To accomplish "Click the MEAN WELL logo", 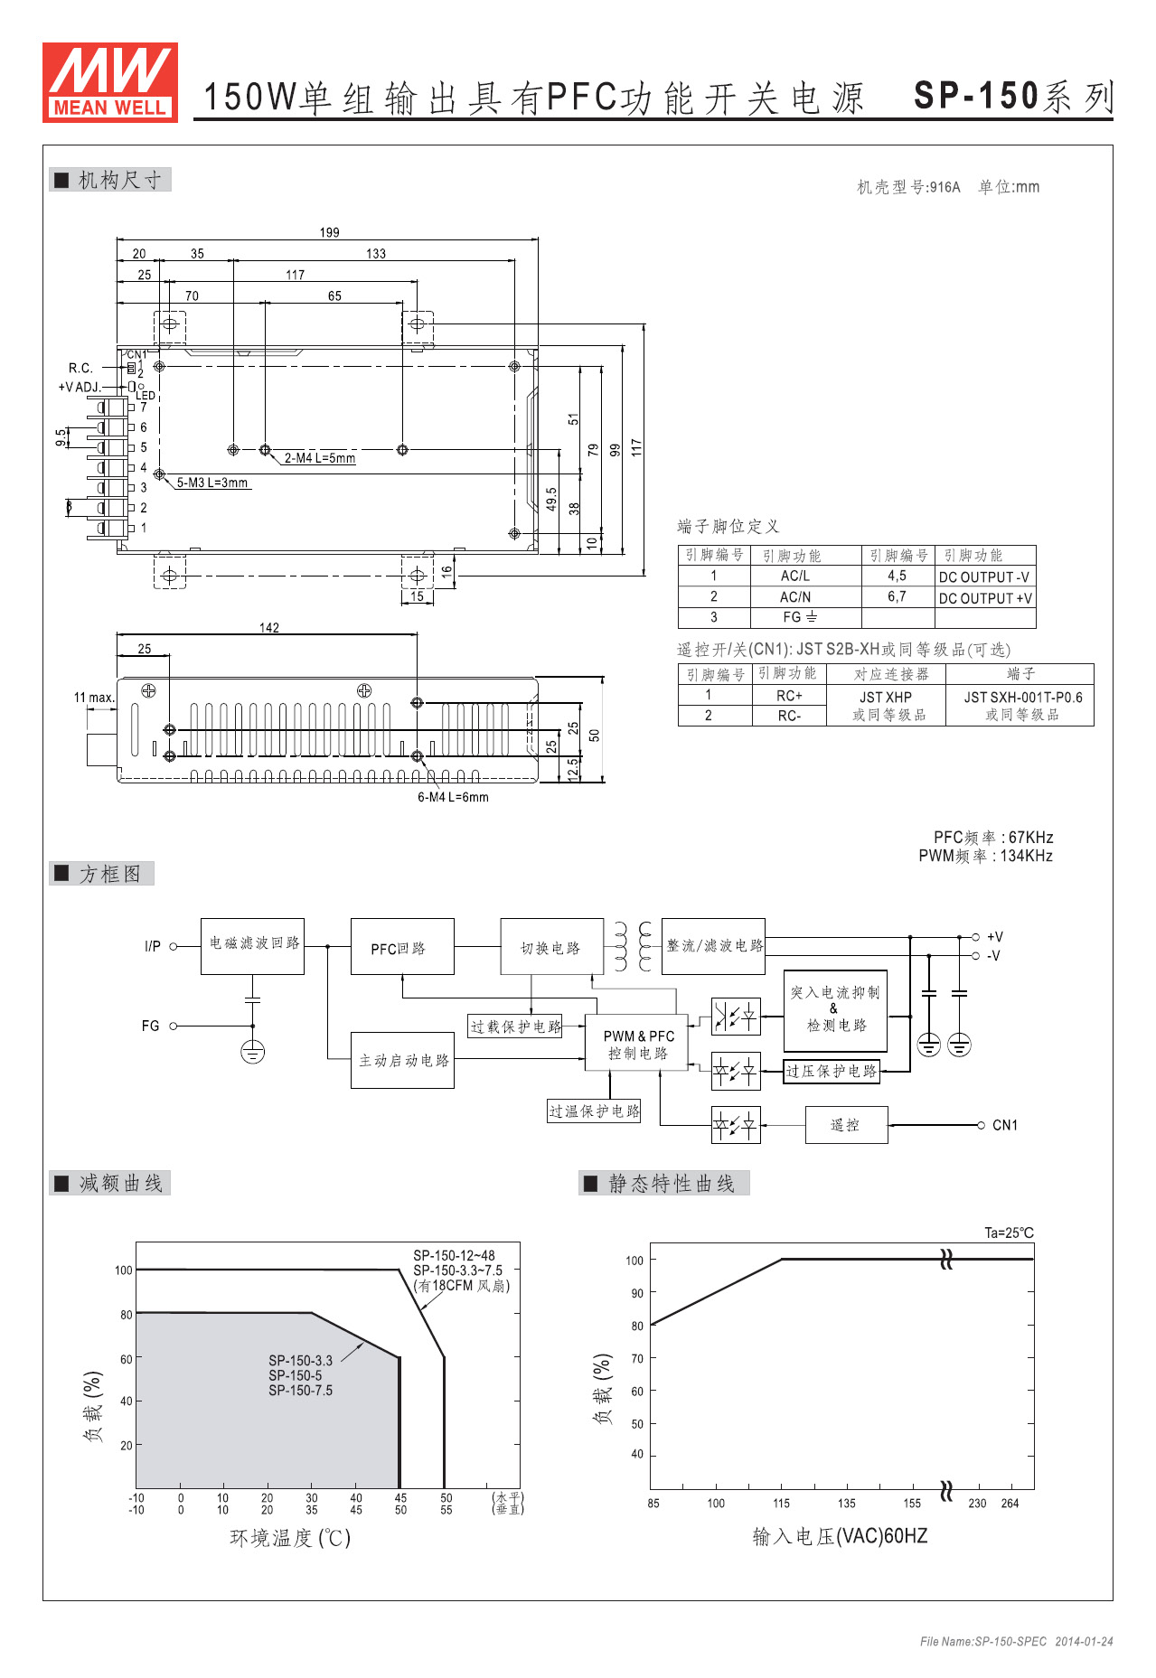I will [x=110, y=82].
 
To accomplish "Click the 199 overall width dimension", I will [x=329, y=232].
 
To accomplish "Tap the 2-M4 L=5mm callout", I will [x=320, y=458].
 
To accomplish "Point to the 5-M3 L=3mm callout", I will [x=212, y=483].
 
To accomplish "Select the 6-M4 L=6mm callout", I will [x=453, y=797].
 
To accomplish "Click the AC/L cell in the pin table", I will [x=795, y=576].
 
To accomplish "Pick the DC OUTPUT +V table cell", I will [x=985, y=597].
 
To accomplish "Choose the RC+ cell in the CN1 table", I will [x=789, y=696].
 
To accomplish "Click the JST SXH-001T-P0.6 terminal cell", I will [x=1022, y=697].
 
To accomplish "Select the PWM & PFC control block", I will [x=638, y=1045].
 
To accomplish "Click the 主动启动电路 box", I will [x=403, y=1061].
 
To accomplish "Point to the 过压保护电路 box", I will [x=832, y=1071].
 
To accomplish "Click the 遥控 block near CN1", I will [x=846, y=1125].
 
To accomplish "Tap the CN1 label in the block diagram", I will [x=1005, y=1125].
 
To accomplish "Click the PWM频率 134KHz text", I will [x=985, y=856].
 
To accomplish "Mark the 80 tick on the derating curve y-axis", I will [x=127, y=1315].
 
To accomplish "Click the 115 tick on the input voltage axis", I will [x=781, y=1504].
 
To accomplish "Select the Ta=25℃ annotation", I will [x=1009, y=1233].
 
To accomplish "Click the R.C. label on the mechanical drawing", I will [x=80, y=368].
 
